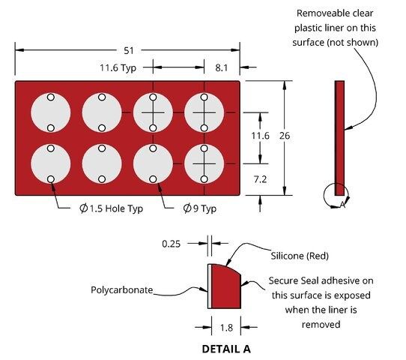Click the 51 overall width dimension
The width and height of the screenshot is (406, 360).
[129, 50]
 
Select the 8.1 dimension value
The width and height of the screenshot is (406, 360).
[222, 67]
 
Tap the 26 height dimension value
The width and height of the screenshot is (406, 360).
[285, 136]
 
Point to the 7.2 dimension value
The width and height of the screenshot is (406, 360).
[260, 179]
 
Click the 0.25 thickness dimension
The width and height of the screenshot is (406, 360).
[171, 244]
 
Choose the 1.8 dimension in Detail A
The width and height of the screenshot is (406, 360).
[226, 328]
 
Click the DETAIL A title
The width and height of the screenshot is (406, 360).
[226, 349]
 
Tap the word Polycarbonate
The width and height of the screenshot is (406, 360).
[121, 289]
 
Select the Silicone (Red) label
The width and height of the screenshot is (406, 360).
[300, 256]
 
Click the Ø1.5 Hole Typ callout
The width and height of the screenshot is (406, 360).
[112, 208]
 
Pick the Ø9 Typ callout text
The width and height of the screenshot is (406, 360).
[200, 208]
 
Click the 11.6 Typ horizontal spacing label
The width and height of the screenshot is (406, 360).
[118, 68]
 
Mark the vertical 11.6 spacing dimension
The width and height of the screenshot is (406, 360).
[260, 136]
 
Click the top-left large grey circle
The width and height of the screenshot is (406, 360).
[51, 112]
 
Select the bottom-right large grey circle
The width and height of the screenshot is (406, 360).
[204, 163]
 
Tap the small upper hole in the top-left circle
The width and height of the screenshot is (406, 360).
[51, 97]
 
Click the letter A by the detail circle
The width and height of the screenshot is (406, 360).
[342, 205]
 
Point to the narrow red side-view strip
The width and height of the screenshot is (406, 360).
[339, 138]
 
